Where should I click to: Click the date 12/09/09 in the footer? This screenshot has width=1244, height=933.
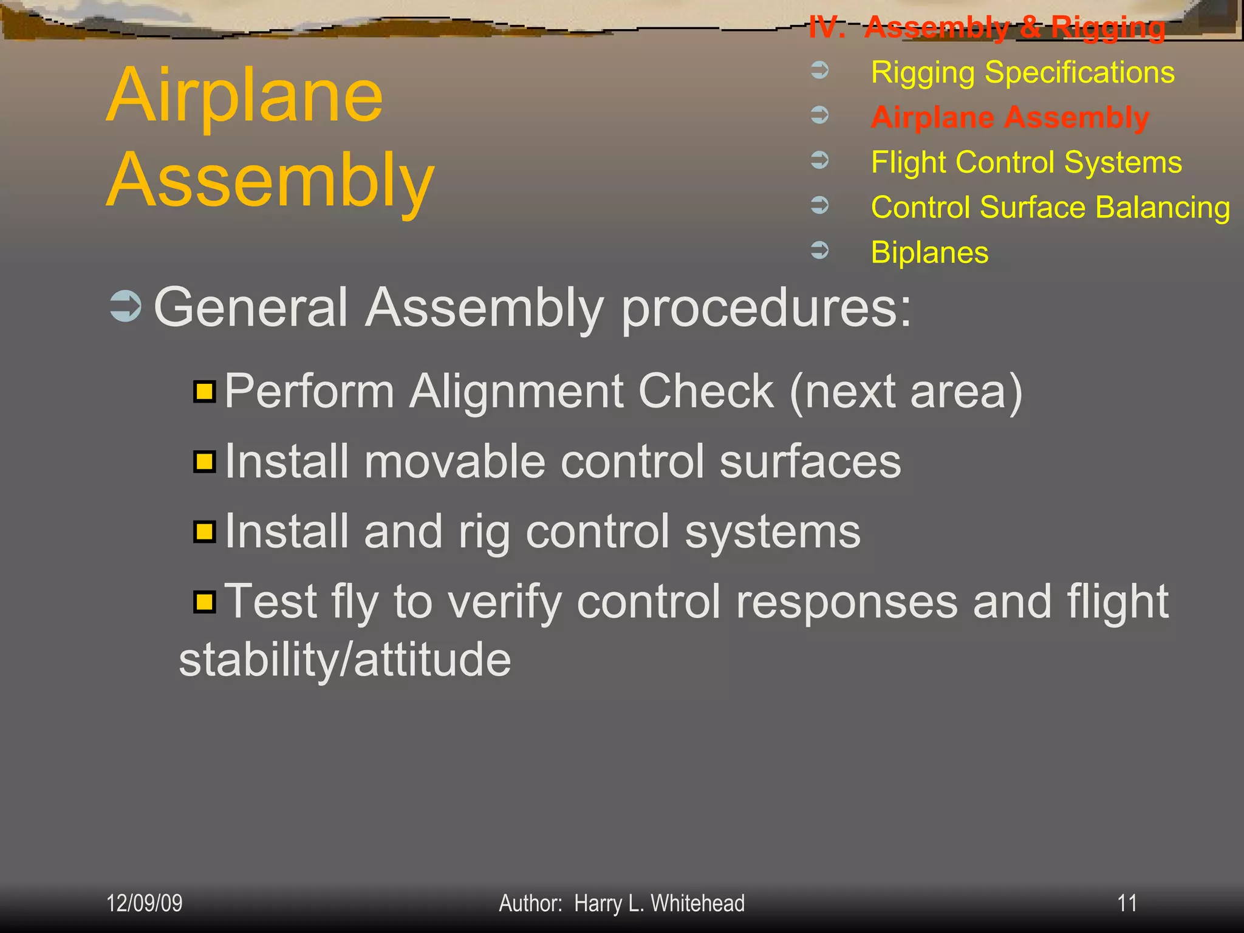(x=145, y=903)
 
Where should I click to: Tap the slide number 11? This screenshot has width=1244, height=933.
(x=1127, y=903)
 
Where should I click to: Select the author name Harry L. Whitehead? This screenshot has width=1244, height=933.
(x=659, y=904)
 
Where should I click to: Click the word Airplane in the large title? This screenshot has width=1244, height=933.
(x=244, y=96)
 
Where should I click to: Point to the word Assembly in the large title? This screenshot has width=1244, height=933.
(x=270, y=181)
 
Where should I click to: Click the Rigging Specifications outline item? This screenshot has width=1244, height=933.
(x=1022, y=73)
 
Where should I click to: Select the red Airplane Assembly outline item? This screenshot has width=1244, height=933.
(x=1010, y=117)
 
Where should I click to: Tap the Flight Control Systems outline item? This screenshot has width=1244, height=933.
(x=1026, y=162)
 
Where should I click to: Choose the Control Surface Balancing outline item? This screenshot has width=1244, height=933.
(x=1050, y=207)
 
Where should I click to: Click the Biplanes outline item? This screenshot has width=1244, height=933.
(x=929, y=252)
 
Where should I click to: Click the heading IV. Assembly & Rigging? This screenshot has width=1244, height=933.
(x=986, y=27)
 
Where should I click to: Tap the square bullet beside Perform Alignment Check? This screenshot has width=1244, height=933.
(x=205, y=391)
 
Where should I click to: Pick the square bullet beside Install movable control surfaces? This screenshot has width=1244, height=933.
(x=205, y=462)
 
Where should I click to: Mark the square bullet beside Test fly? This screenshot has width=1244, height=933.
(x=205, y=602)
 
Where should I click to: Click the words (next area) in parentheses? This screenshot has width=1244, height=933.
(x=906, y=392)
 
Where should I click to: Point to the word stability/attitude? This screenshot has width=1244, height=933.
(x=345, y=660)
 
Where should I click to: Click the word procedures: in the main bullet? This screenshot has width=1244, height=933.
(x=766, y=309)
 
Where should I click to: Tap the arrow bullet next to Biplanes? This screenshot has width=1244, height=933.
(x=820, y=250)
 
